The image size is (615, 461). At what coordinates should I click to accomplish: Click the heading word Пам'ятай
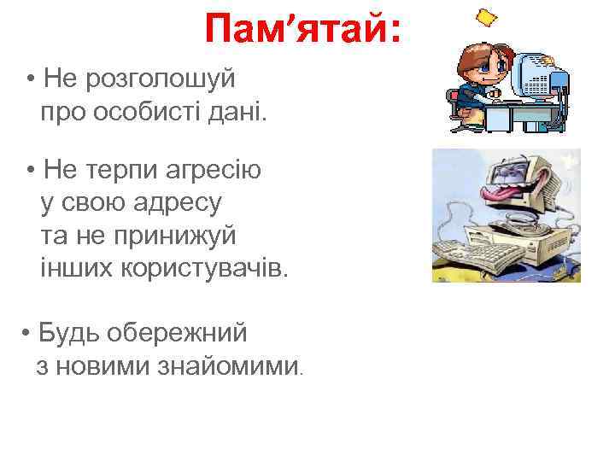[296, 32]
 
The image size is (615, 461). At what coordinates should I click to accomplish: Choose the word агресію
[210, 170]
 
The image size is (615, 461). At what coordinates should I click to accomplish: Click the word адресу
[180, 203]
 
